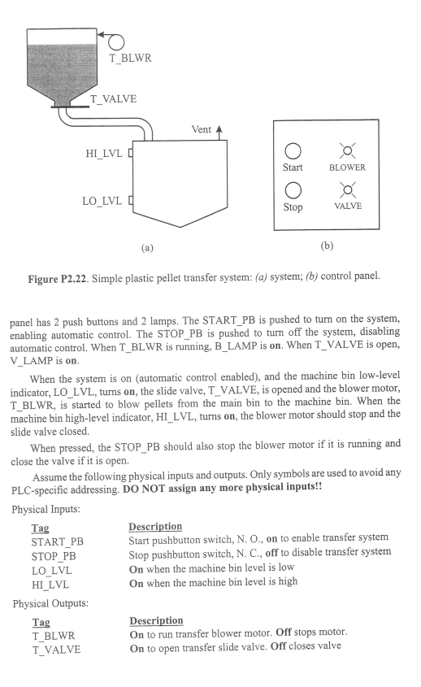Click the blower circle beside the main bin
(114, 40)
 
